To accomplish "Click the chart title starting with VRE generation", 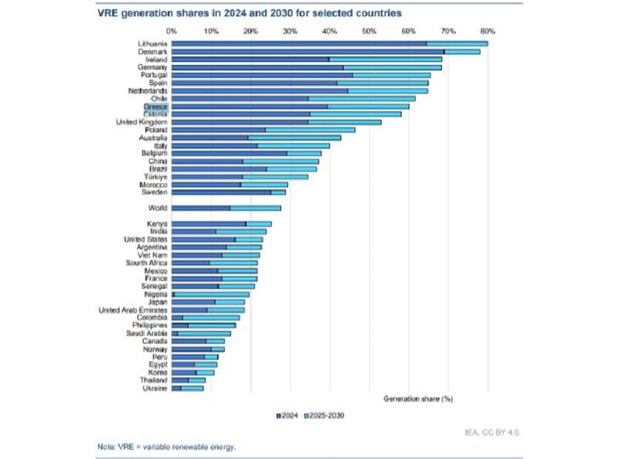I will pos(250,13).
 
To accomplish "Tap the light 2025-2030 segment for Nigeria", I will pos(212,294).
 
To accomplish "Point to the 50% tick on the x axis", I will pos(368,31).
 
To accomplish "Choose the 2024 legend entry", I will pos(287,415).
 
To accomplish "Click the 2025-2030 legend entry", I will pos(324,415).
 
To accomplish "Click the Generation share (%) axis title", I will pos(418,399).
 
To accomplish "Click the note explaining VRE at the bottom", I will pos(166,447).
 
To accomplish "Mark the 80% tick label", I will pos(487,31).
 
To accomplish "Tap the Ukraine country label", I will pos(155,388).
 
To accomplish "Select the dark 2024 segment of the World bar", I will pos(201,208).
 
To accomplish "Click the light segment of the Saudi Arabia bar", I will pos(204,333).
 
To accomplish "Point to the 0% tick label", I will pos(172,31).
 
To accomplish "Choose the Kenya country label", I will pos(157,224).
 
